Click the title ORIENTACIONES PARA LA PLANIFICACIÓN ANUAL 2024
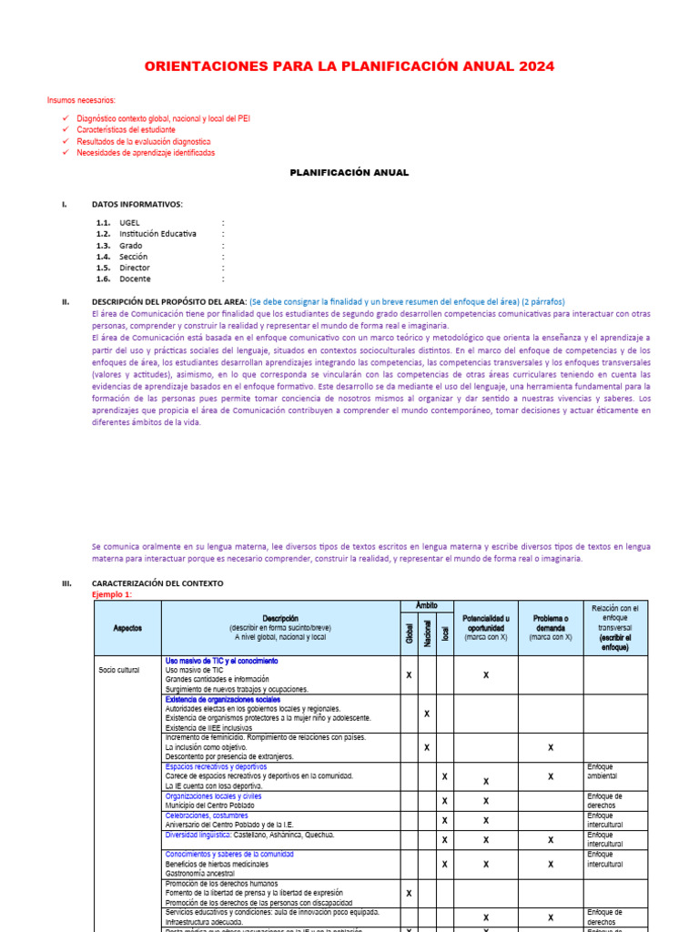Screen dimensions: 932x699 pos(349,66)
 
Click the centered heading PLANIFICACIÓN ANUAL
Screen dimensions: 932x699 pos(349,172)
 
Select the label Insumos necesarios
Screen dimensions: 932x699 pos(82,100)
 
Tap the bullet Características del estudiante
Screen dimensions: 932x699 pos(127,130)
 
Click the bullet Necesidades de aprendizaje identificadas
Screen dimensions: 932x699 pos(146,153)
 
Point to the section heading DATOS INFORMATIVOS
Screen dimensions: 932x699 pos(137,204)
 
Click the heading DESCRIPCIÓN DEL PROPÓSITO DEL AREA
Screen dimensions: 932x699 pos(169,301)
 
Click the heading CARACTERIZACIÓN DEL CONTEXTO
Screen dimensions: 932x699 pos(157,583)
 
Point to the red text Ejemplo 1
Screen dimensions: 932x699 pos(112,594)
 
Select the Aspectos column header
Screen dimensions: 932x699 pos(127,628)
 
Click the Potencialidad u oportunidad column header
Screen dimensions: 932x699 pos(486,628)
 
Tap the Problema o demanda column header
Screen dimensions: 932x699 pos(551,628)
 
